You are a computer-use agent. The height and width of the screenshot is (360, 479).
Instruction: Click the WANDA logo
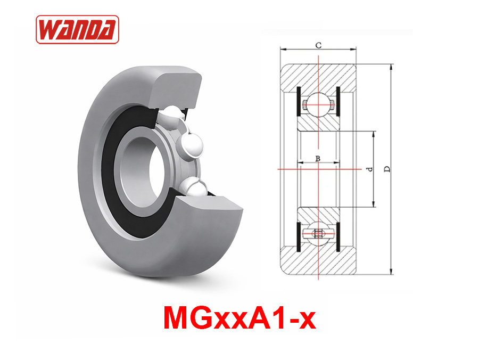(x=77, y=29)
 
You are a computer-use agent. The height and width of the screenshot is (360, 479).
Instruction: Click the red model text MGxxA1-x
(x=240, y=318)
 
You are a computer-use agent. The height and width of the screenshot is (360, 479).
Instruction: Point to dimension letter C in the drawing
(x=318, y=46)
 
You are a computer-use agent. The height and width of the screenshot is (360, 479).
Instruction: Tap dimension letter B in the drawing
(x=317, y=158)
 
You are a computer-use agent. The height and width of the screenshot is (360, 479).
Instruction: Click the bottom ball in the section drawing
(x=318, y=234)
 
